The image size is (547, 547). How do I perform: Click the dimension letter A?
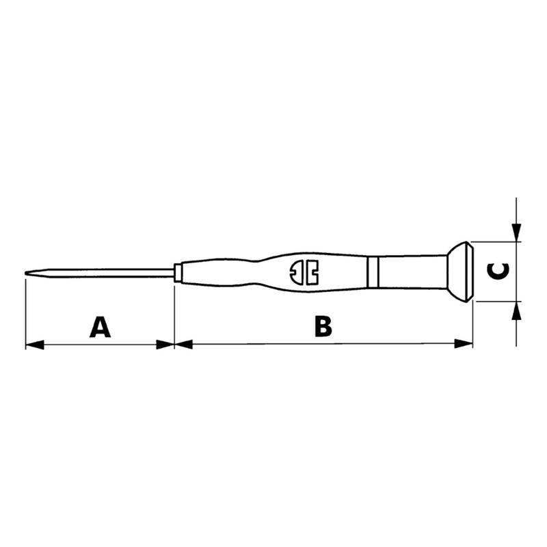(x=100, y=327)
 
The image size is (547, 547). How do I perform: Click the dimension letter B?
(x=323, y=327)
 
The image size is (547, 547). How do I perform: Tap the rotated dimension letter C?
(x=498, y=271)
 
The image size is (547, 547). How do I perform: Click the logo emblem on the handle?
(x=304, y=272)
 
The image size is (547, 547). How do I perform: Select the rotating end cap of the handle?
(x=460, y=271)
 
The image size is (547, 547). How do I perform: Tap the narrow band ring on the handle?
(x=373, y=272)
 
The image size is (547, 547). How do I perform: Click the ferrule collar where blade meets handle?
(x=178, y=272)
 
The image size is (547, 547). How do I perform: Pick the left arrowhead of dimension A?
(x=35, y=345)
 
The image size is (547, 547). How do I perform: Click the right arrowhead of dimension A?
(x=165, y=345)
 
